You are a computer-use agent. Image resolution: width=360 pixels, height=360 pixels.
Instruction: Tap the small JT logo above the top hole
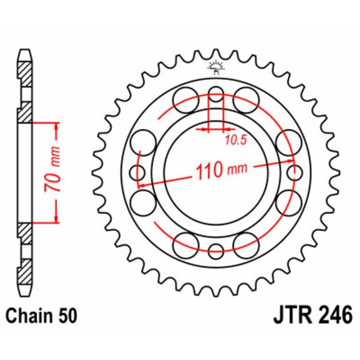[x=216, y=68]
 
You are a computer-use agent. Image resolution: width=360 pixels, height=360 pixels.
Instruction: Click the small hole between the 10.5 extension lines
[x=216, y=95]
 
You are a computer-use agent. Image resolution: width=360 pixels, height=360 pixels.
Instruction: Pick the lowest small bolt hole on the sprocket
[x=216, y=250]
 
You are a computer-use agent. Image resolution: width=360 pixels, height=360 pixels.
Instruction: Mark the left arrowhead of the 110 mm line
[x=141, y=184]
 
